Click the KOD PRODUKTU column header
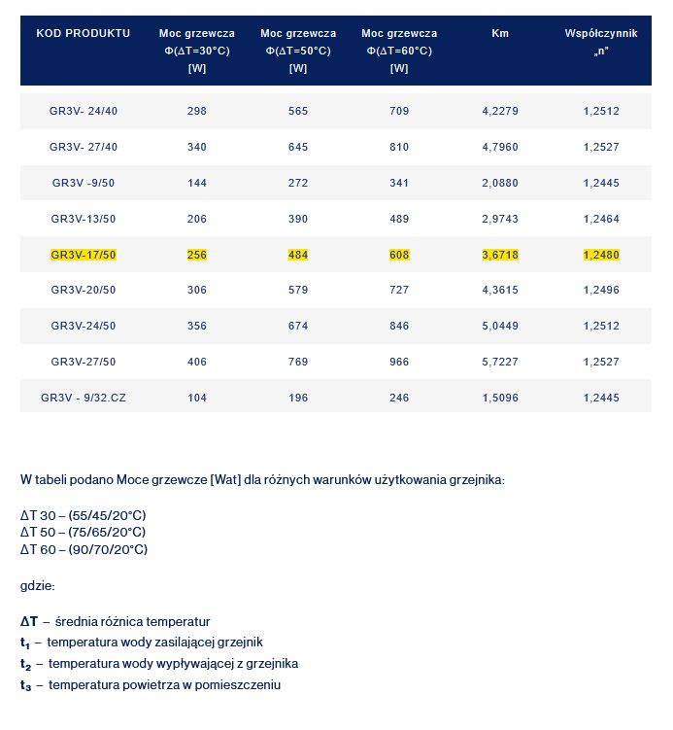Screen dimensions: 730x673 [83, 33]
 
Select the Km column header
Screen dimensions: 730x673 [500, 33]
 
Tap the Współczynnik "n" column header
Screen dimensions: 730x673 [601, 41]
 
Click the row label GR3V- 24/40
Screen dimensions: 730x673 [84, 111]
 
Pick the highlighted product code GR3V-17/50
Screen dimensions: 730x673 [84, 255]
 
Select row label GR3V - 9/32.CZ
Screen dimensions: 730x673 [84, 398]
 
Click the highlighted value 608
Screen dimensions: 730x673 [399, 255]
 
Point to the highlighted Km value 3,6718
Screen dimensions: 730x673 [500, 255]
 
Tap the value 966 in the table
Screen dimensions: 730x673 [399, 362]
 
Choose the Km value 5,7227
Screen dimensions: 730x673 [500, 362]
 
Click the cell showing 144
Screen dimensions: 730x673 [197, 183]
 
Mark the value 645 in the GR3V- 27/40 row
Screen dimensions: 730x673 [298, 147]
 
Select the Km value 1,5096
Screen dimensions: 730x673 [500, 398]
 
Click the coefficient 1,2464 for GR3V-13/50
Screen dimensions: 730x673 [601, 219]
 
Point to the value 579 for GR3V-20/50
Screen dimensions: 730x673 [298, 290]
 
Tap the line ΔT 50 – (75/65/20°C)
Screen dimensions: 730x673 [83, 532]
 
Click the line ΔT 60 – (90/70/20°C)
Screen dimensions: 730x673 [84, 549]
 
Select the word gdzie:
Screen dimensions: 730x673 [38, 586]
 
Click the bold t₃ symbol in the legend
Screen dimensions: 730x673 [26, 685]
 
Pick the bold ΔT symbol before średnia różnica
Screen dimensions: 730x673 [29, 621]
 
